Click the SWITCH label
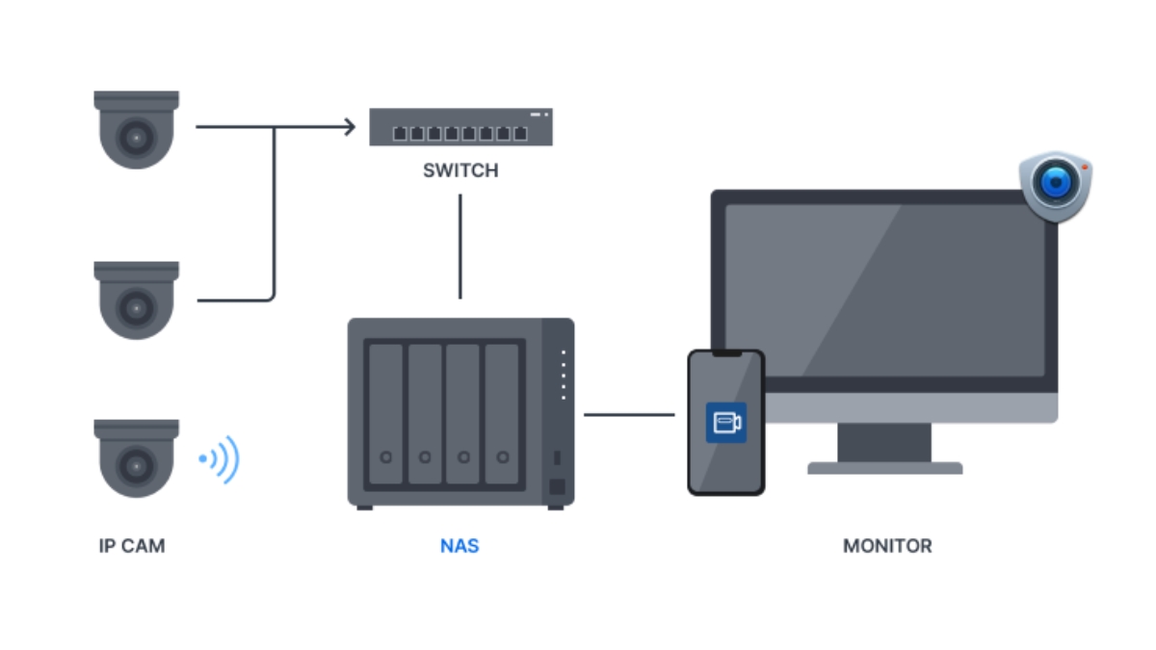(460, 170)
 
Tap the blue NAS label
(460, 546)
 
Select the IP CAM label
(132, 546)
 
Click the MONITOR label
(887, 546)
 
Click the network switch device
(460, 127)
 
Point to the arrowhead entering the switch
(349, 126)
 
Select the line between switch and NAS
(460, 247)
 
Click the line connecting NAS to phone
(629, 415)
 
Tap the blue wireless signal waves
(222, 459)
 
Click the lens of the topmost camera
(136, 139)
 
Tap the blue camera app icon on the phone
(725, 422)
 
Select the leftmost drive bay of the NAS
(385, 414)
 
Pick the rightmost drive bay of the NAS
(502, 414)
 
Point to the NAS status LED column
(564, 376)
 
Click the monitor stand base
(884, 468)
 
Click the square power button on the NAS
(557, 486)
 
